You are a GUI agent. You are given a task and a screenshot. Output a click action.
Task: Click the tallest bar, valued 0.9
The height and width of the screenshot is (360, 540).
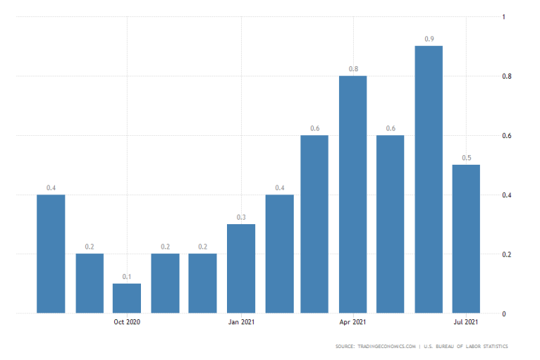coord(429,179)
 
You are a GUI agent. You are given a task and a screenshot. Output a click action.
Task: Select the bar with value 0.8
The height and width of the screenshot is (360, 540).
coord(353,194)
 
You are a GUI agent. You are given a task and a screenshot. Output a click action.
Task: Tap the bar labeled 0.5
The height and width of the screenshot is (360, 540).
coord(467,238)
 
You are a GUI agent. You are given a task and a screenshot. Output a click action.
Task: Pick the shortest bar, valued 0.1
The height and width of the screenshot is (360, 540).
coord(127,298)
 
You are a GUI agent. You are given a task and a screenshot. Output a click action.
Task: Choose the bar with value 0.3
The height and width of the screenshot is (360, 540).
coord(241,268)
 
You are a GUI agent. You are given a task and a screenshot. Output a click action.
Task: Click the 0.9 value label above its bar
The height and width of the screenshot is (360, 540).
coord(429,39)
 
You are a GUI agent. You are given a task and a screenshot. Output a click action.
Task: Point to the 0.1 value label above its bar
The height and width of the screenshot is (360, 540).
coord(127,276)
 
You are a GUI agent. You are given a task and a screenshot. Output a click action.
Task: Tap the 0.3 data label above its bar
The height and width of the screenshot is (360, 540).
coord(241,217)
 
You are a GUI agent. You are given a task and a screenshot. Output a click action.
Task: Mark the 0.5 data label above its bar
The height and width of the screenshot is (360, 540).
coord(467,157)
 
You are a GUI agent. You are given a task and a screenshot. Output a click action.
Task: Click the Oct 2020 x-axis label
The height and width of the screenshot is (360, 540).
coord(127,322)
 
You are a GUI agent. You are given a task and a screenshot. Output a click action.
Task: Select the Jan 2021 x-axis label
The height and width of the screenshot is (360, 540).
coord(241,322)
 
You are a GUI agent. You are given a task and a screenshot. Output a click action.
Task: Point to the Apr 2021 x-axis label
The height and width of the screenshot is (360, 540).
coord(352,322)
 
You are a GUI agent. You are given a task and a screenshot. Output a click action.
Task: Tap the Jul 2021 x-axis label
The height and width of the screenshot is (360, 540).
coord(465,322)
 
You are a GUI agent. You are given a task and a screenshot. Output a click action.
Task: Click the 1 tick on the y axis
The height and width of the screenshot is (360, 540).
coord(504,16)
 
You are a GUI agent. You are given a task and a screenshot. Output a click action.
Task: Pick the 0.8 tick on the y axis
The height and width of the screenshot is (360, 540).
coord(506,76)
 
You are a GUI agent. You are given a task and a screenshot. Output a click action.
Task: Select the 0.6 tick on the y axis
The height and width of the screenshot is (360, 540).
coord(506,136)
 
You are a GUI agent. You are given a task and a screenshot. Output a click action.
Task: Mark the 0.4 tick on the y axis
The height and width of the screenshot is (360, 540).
coord(506,195)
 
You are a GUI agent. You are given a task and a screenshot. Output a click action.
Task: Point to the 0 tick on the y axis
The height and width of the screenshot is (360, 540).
coord(504,314)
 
